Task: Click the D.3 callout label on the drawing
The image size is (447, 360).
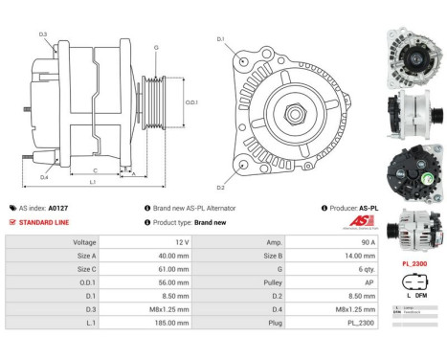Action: (43, 34)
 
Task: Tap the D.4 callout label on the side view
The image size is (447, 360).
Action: (44, 176)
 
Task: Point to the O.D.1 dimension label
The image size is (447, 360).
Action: (191, 102)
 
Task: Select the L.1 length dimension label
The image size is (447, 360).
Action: (92, 181)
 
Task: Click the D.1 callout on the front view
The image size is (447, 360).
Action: (220, 39)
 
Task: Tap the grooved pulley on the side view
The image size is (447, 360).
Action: (153, 103)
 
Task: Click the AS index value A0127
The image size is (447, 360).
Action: (58, 207)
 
